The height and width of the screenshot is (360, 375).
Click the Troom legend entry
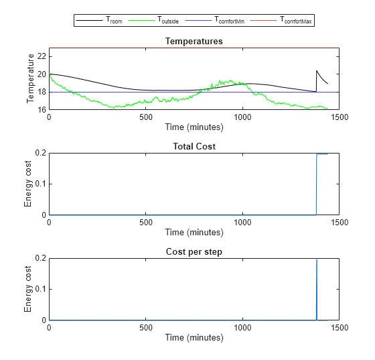(x=113, y=21)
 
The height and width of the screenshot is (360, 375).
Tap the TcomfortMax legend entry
(x=294, y=21)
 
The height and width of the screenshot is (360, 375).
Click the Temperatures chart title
(x=194, y=42)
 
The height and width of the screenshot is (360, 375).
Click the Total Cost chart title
(x=194, y=146)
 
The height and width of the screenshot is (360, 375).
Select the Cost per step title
(x=194, y=251)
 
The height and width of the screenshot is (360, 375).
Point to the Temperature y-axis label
(x=30, y=78)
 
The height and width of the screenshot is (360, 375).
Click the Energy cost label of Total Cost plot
(x=28, y=184)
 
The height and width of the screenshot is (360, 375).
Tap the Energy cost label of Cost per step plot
(x=28, y=289)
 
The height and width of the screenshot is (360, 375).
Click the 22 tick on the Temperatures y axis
(x=42, y=56)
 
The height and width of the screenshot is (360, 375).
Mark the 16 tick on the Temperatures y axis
(x=42, y=109)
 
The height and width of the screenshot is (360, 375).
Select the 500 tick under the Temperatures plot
(x=145, y=117)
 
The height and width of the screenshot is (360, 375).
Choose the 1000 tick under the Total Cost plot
(x=242, y=222)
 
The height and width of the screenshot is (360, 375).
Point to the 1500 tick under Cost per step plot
(x=339, y=327)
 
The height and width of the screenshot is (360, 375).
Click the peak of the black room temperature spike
(x=317, y=70)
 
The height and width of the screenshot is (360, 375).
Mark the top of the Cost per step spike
(x=317, y=259)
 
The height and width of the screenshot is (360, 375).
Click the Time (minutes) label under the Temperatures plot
(x=194, y=126)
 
